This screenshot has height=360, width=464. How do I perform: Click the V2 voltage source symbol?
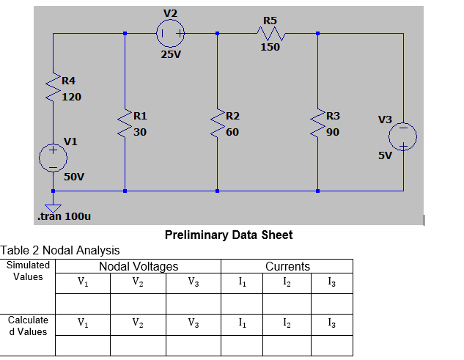coord(170,33)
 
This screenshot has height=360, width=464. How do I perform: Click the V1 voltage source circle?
coord(53,157)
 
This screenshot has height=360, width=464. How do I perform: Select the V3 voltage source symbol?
coord(403,136)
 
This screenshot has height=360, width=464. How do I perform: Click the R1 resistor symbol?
coord(125,125)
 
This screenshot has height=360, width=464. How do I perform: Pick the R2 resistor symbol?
coord(218,125)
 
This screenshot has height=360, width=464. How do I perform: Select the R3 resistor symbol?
coord(317,125)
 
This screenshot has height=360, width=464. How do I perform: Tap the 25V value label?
coord(170,54)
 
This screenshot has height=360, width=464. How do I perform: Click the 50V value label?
coord(74,177)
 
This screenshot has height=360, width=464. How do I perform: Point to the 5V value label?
coord(386,156)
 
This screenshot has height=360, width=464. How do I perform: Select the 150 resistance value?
coord(270,48)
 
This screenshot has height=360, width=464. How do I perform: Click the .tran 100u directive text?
coord(64,217)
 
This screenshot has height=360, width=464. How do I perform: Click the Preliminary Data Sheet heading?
coord(229,235)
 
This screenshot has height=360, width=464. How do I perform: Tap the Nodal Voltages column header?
coord(139,266)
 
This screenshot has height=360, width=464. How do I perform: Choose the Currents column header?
coord(287,266)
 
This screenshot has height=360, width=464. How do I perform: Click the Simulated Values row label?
coord(29,271)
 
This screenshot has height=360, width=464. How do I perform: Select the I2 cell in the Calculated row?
coord(287,323)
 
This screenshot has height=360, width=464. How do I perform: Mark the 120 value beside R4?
coord(71,96)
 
